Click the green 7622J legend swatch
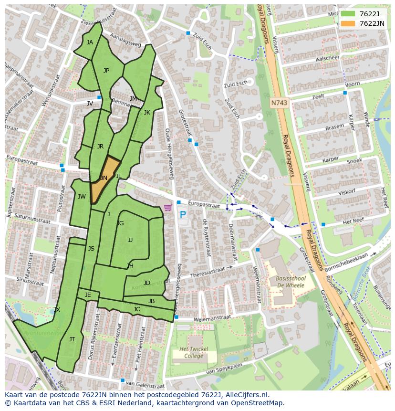pos(348,14)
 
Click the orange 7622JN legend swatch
pos(348,23)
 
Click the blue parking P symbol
pos(182,215)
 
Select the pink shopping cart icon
pos(167,208)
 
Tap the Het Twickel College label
pos(194,353)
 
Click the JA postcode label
pos(90,42)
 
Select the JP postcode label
pos(106,71)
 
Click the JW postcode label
pos(82,197)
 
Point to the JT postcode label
pos(72,339)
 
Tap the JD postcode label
pos(147,283)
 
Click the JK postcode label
pos(147,113)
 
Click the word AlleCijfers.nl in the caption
pos(246,395)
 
